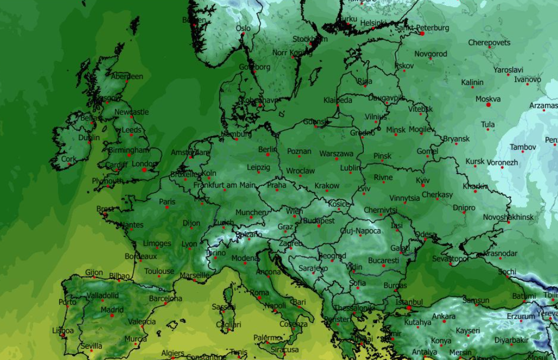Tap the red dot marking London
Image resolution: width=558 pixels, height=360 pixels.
click(x=144, y=170)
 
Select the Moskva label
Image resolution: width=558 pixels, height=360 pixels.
click(x=488, y=99)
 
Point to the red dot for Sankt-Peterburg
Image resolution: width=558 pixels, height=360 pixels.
click(x=422, y=34)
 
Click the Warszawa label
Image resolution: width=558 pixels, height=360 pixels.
click(x=336, y=154)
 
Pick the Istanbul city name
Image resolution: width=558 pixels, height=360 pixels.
click(x=409, y=301)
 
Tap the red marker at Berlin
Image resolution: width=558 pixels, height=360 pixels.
click(x=268, y=155)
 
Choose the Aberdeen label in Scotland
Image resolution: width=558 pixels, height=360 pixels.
click(x=127, y=76)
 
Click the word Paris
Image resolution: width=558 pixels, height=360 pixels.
click(x=167, y=202)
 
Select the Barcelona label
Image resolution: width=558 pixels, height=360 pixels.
click(x=165, y=298)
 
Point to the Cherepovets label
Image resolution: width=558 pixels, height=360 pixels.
click(x=489, y=42)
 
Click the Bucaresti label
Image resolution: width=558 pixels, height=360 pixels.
click(x=383, y=260)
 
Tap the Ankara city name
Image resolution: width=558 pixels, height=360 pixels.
click(x=444, y=316)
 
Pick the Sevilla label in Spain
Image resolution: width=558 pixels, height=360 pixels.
click(x=91, y=346)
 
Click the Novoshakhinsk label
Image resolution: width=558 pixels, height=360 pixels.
click(x=508, y=217)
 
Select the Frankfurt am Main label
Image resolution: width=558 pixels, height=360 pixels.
click(x=224, y=185)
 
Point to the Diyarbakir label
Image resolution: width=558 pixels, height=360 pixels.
click(x=511, y=340)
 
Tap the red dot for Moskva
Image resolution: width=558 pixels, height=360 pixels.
click(x=489, y=105)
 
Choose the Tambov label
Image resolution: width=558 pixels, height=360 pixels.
click(x=523, y=147)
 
